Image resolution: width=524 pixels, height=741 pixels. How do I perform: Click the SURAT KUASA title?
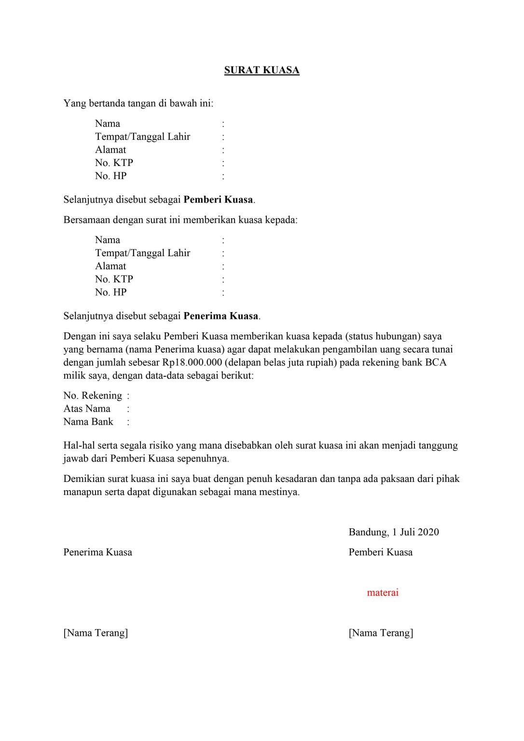(x=262, y=70)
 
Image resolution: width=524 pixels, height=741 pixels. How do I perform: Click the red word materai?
(x=383, y=592)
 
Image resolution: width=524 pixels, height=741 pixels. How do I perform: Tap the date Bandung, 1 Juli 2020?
(x=394, y=532)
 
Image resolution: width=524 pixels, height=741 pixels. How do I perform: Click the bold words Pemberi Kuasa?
(x=218, y=200)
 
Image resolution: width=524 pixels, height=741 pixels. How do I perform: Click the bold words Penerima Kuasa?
(x=221, y=316)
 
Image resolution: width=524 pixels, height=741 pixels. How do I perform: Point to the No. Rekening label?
(x=93, y=396)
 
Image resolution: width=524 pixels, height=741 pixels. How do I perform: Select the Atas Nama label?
(x=87, y=409)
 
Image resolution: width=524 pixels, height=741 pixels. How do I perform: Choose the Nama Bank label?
(x=88, y=422)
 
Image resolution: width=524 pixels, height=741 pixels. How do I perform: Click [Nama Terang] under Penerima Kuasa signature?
(x=96, y=633)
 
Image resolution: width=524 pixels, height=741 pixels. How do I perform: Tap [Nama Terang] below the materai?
(x=381, y=633)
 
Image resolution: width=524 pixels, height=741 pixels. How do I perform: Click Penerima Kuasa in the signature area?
(x=97, y=552)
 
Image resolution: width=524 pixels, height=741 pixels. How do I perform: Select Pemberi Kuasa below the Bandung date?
(x=381, y=552)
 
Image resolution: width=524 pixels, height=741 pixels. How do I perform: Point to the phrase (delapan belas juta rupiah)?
(x=280, y=362)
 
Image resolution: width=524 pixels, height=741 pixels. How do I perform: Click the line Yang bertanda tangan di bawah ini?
(x=138, y=103)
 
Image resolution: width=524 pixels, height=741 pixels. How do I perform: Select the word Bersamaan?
(x=87, y=220)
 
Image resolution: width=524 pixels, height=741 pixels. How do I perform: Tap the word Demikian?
(x=83, y=479)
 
